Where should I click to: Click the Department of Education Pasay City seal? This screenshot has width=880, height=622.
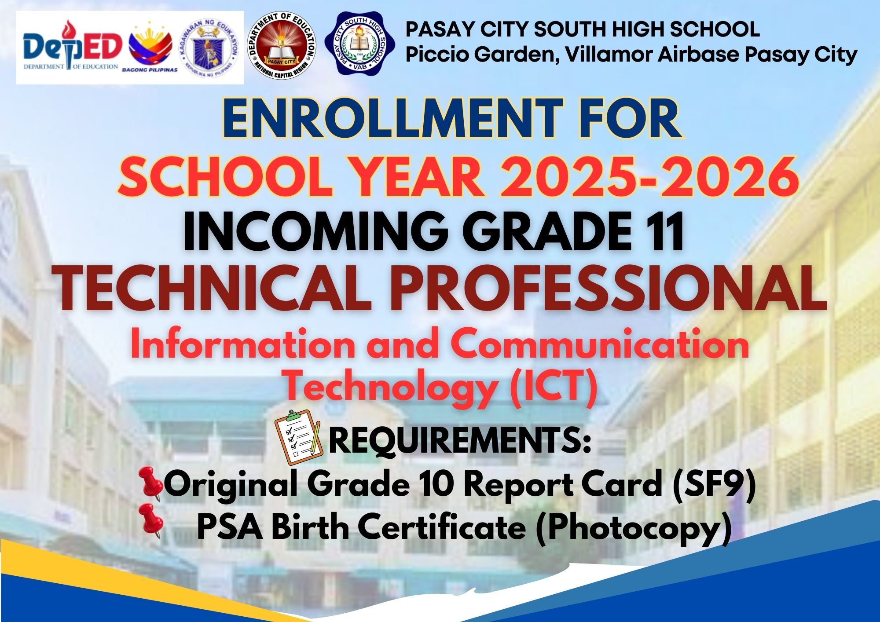coord(282,46)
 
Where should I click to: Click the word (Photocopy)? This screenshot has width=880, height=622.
coord(634,527)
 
